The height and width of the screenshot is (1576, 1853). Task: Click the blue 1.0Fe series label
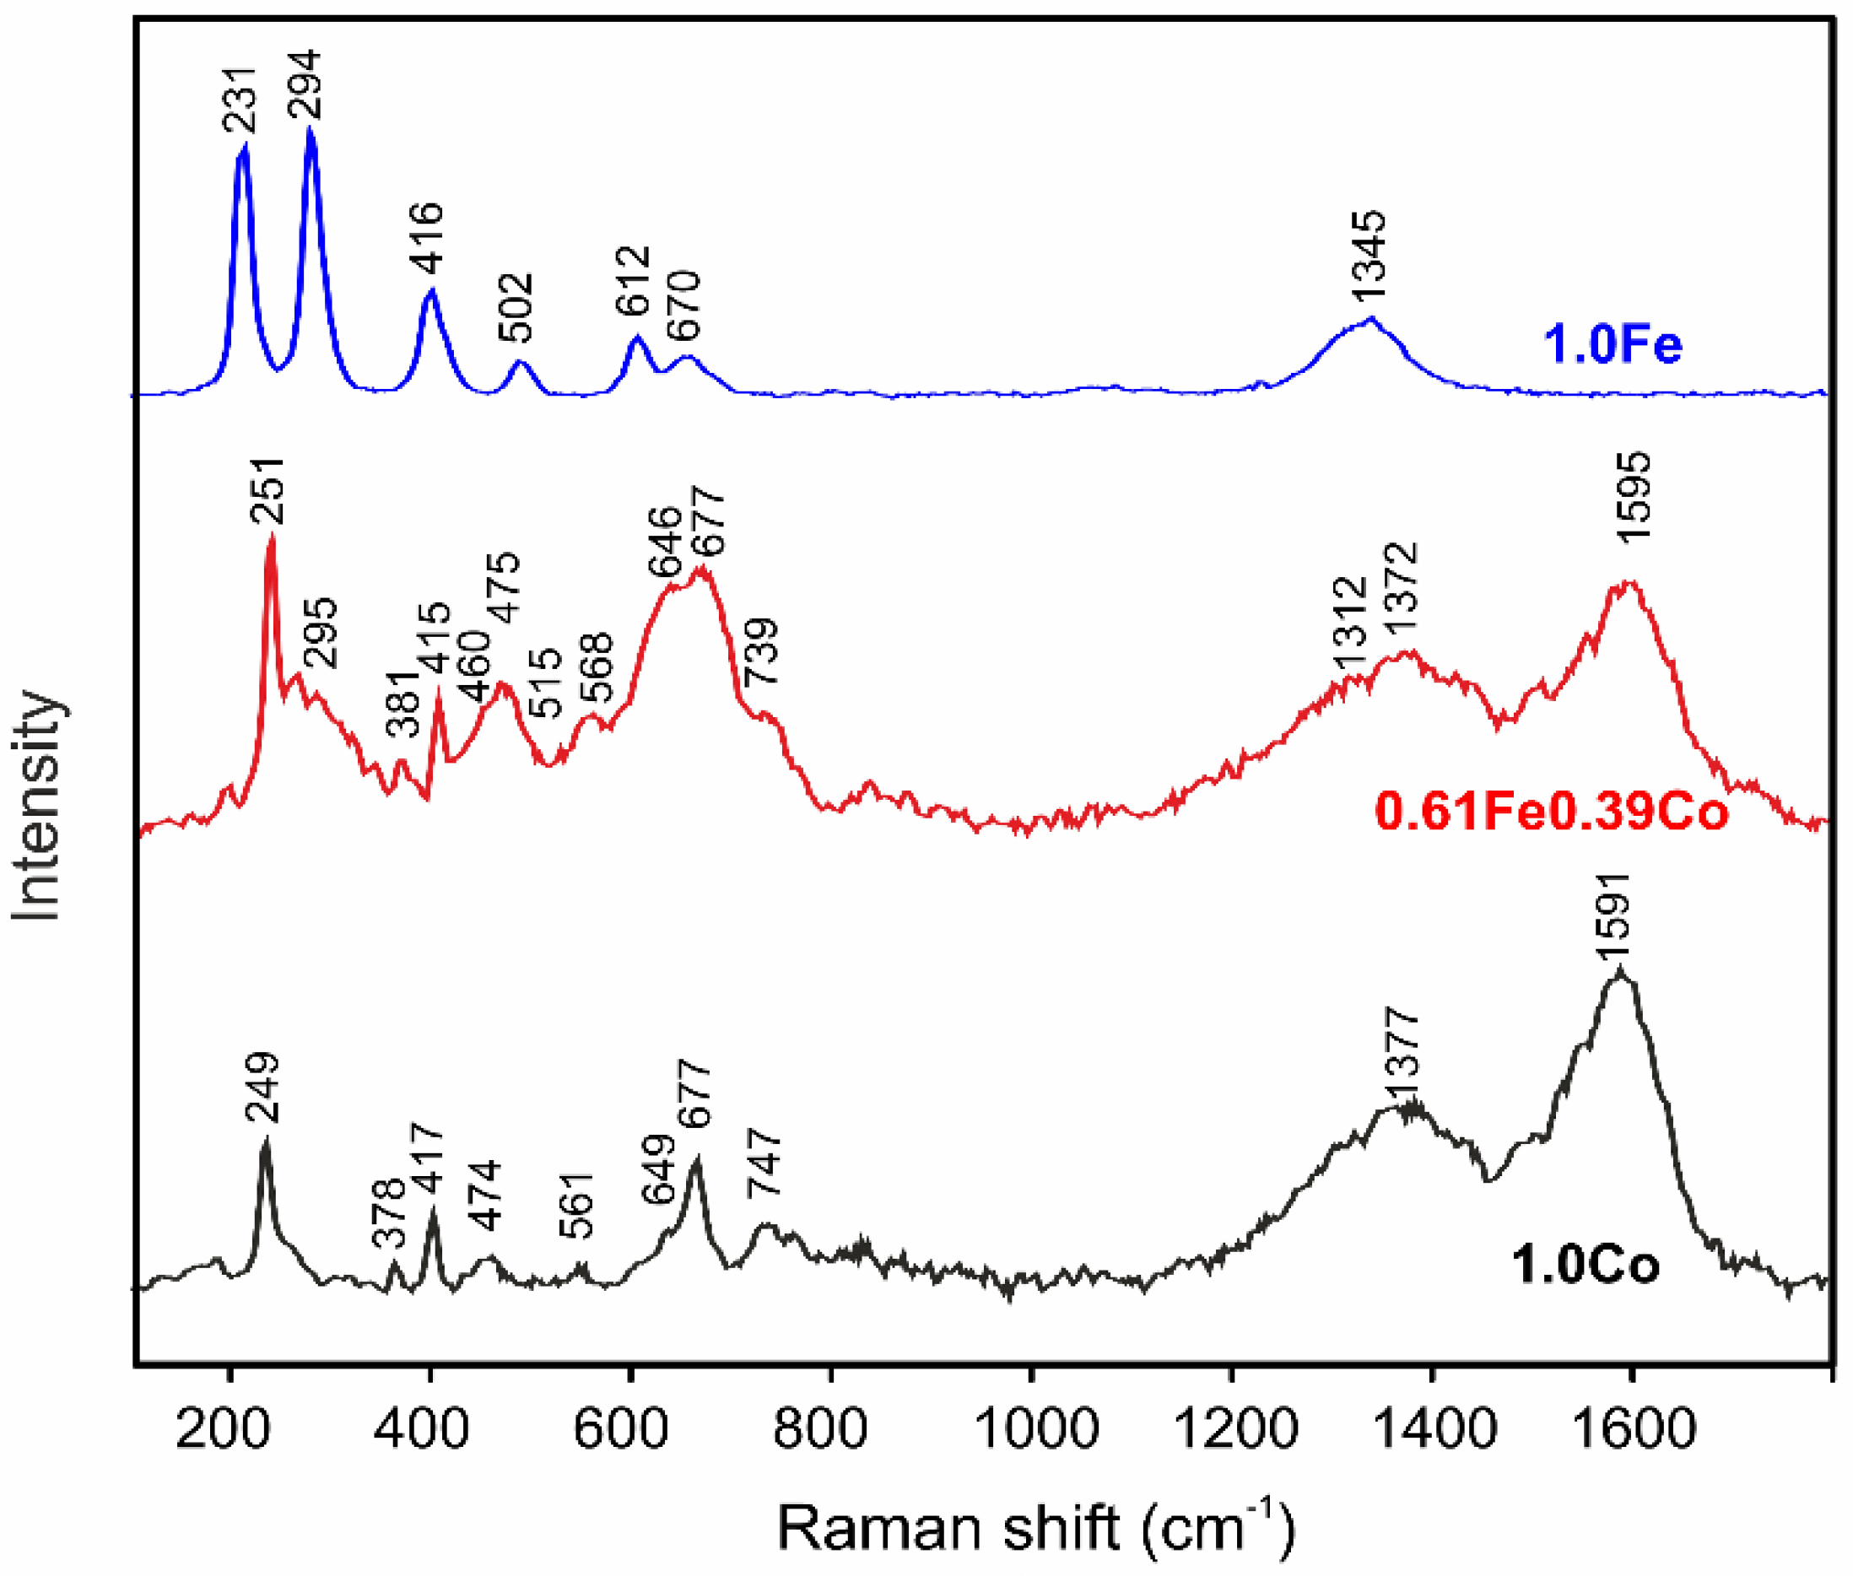pos(1613,346)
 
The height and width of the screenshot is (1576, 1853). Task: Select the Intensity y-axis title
pos(37,804)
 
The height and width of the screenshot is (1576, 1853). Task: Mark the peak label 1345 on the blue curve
pos(1368,256)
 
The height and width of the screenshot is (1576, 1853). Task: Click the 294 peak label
pos(304,85)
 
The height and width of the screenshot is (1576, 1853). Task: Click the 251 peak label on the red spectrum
pos(267,490)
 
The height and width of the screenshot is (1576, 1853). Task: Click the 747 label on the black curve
pos(764,1162)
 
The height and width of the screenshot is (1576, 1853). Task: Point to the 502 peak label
pos(516,308)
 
